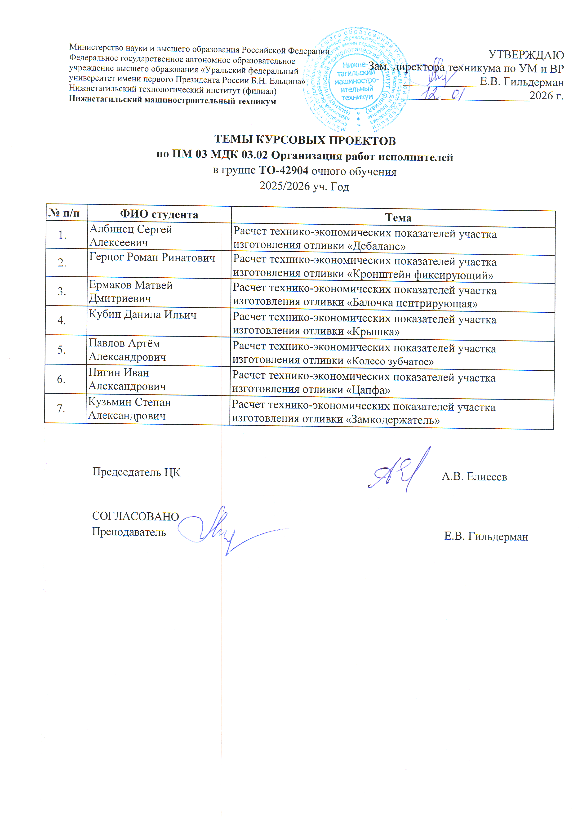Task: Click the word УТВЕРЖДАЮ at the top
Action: (526, 55)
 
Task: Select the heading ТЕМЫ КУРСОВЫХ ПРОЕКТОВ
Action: (305, 140)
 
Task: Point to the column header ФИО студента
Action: (159, 214)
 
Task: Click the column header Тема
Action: (398, 218)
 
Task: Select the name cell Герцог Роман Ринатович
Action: (152, 258)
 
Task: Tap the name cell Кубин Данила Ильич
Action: (143, 315)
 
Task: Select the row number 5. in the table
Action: (62, 350)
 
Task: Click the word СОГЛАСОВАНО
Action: (136, 517)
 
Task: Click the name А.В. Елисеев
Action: (474, 477)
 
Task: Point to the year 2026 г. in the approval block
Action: (546, 96)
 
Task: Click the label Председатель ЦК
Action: (136, 472)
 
